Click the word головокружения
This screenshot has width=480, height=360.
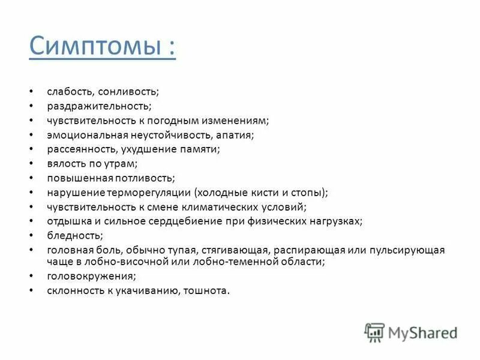pyautogui.click(x=91, y=276)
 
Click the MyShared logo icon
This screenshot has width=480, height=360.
pyautogui.click(x=374, y=332)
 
